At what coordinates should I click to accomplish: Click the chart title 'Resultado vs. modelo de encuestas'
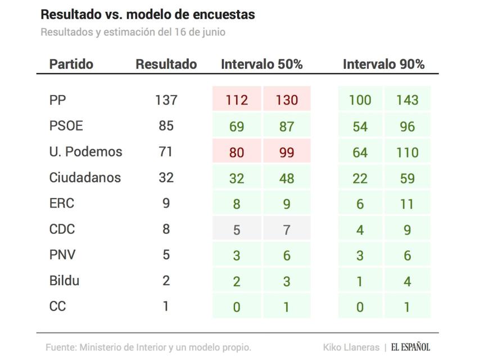coord(148,15)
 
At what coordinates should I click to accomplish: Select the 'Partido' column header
coord(71,64)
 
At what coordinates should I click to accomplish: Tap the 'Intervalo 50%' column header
coord(261,64)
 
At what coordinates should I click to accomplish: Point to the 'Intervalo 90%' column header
coord(383,64)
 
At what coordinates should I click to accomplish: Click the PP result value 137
coord(166,100)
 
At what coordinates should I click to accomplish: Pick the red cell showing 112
coord(237,100)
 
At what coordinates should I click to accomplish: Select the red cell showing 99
coord(287,152)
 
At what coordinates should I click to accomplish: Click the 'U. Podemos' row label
coord(85,152)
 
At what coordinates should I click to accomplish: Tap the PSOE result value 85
coord(166,126)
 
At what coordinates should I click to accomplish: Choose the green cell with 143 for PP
coord(407,100)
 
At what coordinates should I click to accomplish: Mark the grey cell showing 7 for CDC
coord(287,229)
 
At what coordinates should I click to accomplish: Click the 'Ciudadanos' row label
coord(85,178)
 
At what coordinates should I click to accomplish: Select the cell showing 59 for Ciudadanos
coord(407,178)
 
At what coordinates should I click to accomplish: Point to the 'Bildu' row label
coord(64,281)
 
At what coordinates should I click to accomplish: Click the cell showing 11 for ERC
coord(407,204)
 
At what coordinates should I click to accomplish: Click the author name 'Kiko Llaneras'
coord(351,347)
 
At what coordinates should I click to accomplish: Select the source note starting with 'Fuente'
coord(148,347)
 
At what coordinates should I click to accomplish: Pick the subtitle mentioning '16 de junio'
coord(133,32)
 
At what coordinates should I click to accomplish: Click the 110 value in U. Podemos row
coord(407,152)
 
